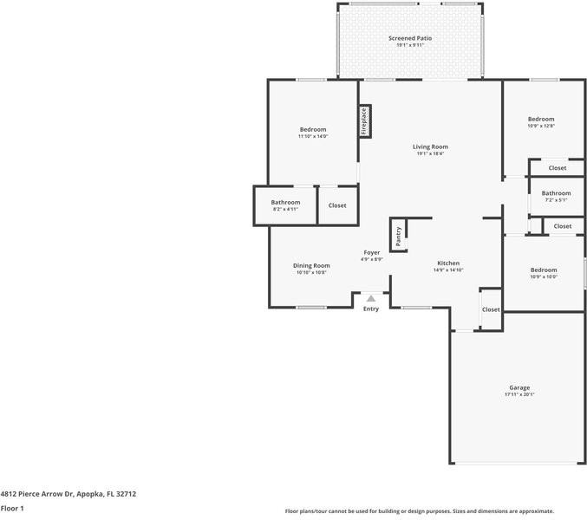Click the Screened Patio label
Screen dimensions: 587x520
tap(410, 38)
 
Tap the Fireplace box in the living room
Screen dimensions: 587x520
tap(365, 121)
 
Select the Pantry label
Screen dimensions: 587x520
tap(398, 237)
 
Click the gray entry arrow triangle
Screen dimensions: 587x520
tap(371, 298)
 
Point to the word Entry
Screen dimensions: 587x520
tap(371, 309)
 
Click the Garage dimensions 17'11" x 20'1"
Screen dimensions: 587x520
tap(519, 394)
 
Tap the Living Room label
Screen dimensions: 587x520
tap(430, 146)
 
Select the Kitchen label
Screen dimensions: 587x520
tap(448, 263)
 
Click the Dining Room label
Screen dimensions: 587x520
tap(311, 265)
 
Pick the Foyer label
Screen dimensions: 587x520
tap(372, 252)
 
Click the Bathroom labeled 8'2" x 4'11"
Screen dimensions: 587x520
tap(285, 203)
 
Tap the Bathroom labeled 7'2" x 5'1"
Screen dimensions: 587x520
tap(557, 193)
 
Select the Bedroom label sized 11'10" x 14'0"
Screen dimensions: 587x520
tap(313, 129)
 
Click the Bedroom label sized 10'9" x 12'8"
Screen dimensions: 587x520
tap(541, 119)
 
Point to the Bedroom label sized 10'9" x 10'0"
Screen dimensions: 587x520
tap(544, 270)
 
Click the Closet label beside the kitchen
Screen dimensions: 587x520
tap(491, 309)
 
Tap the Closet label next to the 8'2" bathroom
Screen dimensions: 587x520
tap(337, 205)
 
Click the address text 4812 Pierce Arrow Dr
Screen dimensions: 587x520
tap(36, 494)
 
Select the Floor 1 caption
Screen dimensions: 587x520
tap(12, 509)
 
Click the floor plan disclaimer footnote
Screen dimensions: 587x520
tap(420, 511)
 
